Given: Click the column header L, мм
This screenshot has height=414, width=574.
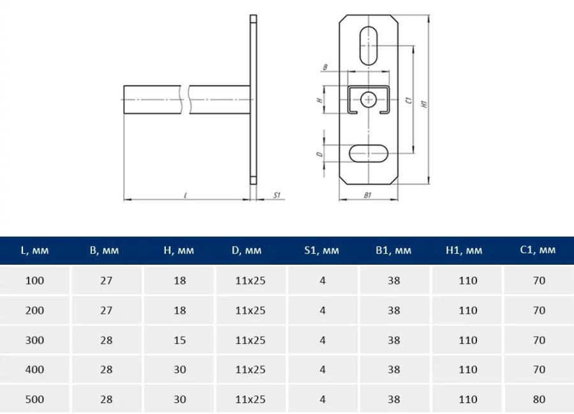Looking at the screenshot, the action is [35, 250].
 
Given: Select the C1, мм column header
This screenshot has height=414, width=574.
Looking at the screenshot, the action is [538, 250].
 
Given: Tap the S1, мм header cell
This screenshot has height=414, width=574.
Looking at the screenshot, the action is [322, 250].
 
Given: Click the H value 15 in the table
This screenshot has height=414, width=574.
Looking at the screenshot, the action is [180, 340].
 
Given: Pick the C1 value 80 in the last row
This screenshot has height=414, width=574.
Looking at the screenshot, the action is [539, 399].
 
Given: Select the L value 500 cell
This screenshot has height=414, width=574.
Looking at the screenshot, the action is [35, 399].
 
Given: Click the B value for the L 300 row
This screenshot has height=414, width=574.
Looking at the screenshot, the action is [106, 340].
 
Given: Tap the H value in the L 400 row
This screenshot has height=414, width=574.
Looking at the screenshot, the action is [180, 370].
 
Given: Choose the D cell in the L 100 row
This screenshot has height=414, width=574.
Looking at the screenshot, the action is [251, 281].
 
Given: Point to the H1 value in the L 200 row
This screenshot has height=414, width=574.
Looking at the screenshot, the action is [468, 311].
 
